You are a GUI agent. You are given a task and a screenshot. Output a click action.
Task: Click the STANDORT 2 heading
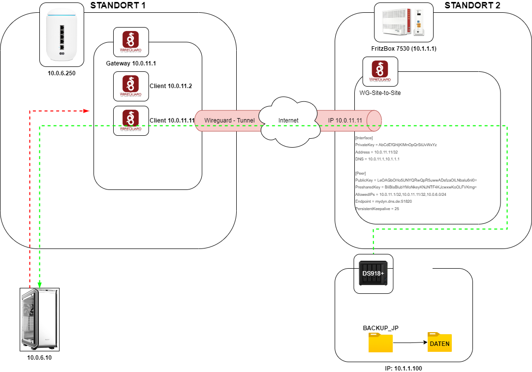pos(472,6)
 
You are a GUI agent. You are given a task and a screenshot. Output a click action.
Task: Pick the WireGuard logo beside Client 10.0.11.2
pos(130,87)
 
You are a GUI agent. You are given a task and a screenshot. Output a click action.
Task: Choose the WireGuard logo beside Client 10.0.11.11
pos(130,121)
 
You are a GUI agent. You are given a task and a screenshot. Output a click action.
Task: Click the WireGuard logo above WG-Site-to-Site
pos(380,72)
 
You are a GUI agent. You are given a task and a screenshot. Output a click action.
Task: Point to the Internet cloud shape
pos(288,121)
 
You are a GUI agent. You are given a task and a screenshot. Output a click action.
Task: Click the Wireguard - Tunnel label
pos(229,121)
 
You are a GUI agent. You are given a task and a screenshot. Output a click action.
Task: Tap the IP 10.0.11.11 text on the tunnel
pos(345,121)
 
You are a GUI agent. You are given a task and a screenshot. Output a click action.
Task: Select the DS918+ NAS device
pos(374,274)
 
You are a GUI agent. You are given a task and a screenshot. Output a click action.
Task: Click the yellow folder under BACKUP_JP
pos(380,343)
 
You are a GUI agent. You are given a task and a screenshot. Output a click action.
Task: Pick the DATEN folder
pos(439,341)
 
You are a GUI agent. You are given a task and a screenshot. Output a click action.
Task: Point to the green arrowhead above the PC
pos(39,284)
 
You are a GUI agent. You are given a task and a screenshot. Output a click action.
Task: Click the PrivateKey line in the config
pos(396,145)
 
